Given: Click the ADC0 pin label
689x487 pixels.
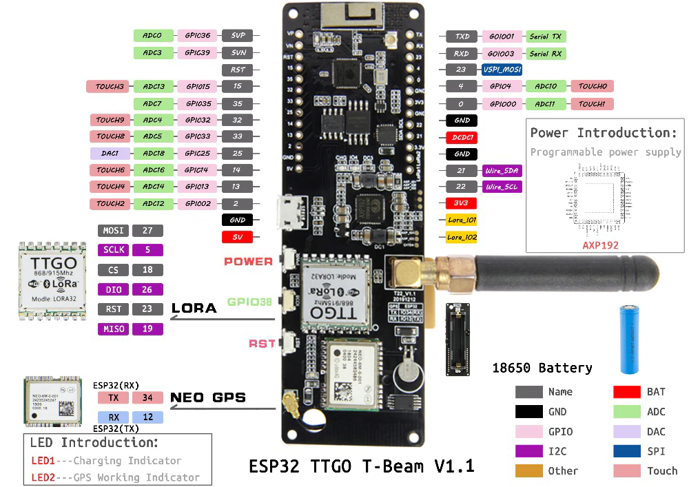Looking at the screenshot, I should click(x=152, y=36).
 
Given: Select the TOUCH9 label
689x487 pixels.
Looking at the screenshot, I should click(x=110, y=121).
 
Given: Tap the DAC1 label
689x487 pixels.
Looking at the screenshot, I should click(x=110, y=154).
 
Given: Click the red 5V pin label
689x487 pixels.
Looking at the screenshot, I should click(x=238, y=237).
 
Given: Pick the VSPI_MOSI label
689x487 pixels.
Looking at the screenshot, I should click(x=502, y=70).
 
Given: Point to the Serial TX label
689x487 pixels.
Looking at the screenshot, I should click(x=545, y=37).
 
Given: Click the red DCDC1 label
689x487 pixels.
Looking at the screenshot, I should click(x=462, y=137).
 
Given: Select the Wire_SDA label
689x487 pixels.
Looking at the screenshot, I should click(x=502, y=170).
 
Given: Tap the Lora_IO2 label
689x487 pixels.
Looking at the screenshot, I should click(x=462, y=237).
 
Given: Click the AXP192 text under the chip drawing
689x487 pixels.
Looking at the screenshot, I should click(x=600, y=245).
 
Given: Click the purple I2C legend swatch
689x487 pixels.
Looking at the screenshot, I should click(x=528, y=451).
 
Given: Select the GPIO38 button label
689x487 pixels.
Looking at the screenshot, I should click(x=249, y=301).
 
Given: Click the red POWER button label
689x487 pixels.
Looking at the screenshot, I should click(x=249, y=262).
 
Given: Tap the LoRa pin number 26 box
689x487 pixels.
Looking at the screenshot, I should click(x=147, y=290).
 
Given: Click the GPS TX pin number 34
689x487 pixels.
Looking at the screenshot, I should click(x=147, y=397).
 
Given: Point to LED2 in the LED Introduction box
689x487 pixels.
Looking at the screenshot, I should click(x=43, y=477).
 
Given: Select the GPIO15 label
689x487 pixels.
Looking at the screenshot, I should click(x=197, y=87).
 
